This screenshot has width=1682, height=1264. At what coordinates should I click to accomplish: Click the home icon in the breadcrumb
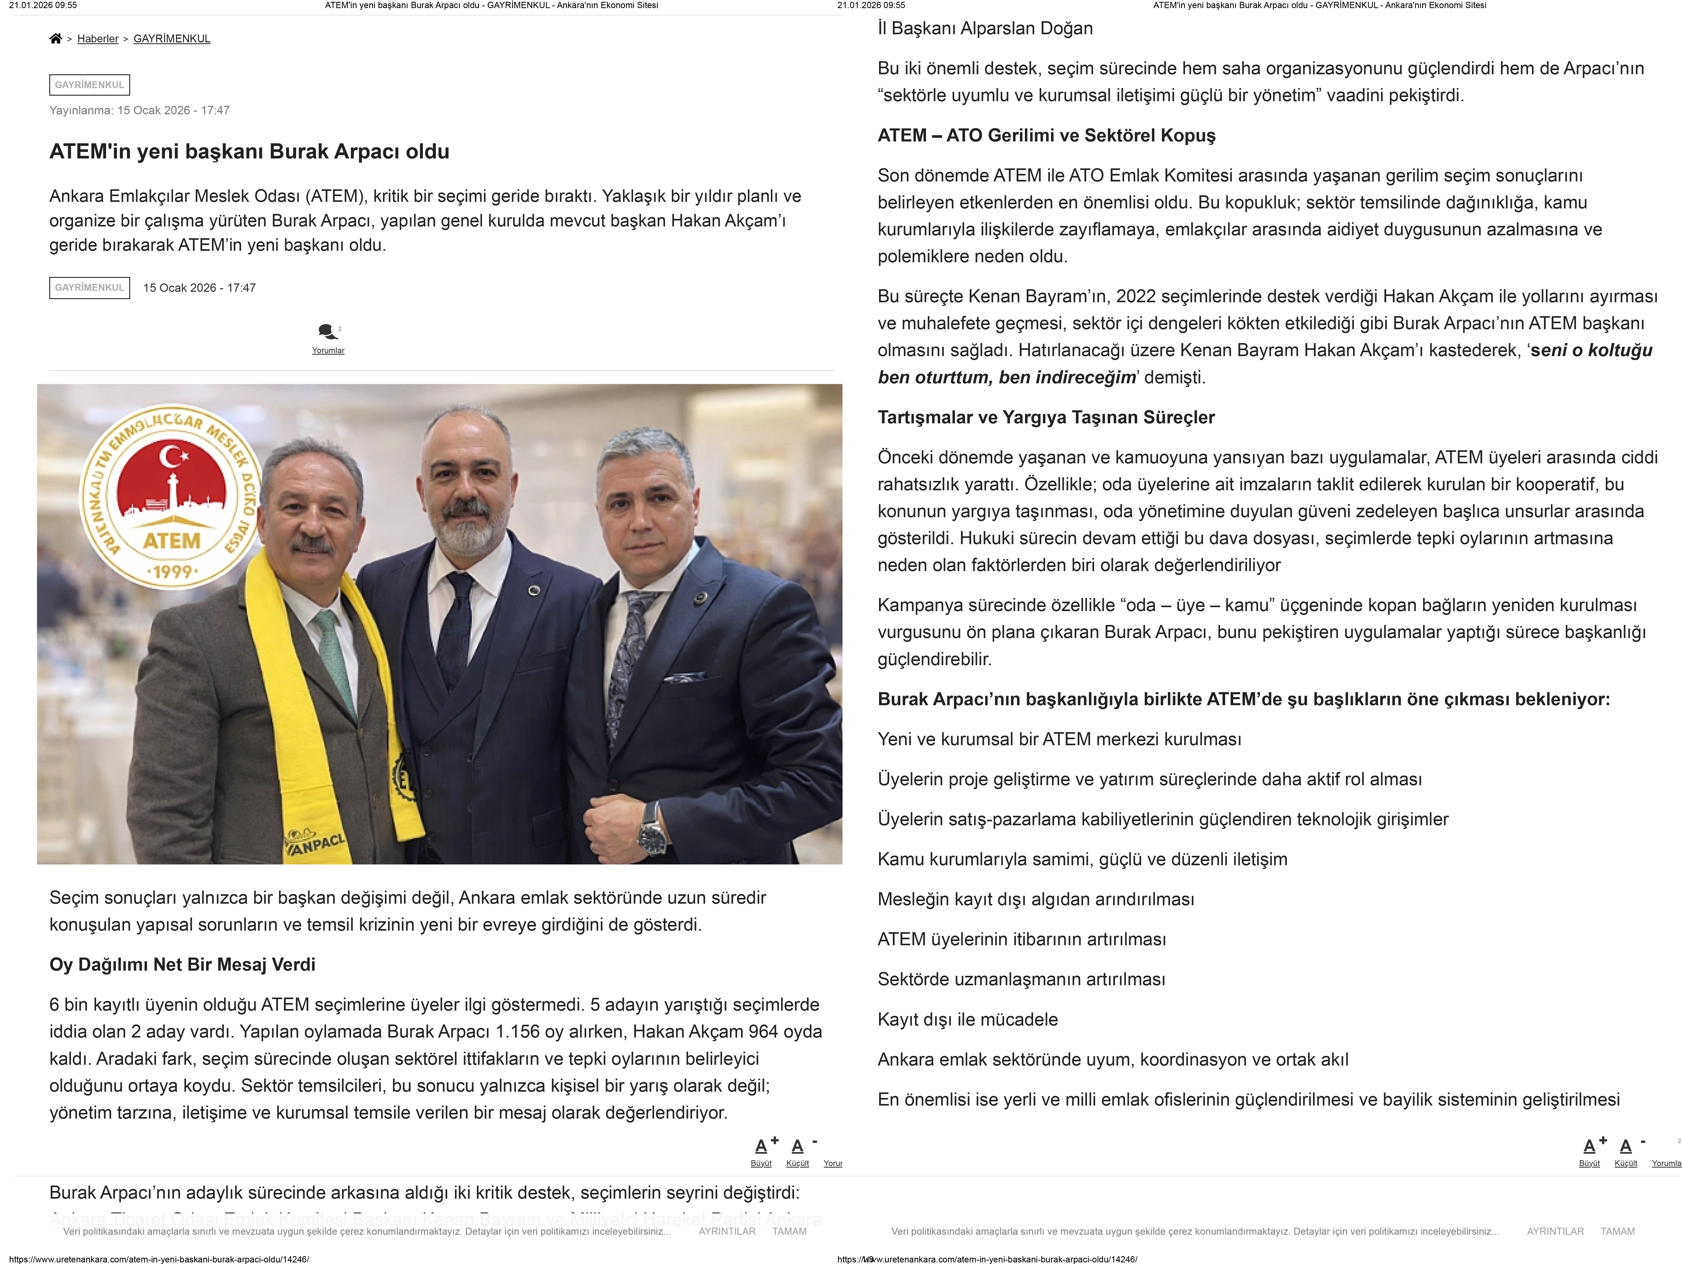pos(55,39)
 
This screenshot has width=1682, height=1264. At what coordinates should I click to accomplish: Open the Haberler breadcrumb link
pos(97,39)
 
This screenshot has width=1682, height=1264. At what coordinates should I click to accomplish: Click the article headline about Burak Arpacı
pos(249,151)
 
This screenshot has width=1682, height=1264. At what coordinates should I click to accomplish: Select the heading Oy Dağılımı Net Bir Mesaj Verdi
pos(182,964)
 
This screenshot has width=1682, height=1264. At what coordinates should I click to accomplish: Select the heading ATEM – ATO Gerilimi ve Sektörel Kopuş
pos(1046,135)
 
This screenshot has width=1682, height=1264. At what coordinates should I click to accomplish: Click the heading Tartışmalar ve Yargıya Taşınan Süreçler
pos(1046,418)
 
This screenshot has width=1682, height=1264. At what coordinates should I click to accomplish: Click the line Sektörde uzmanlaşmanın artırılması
pos(1021,980)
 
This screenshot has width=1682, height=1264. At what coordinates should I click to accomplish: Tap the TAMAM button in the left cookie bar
pos(789,1231)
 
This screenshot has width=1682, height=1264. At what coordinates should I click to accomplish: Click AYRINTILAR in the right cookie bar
pos(1555,1231)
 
